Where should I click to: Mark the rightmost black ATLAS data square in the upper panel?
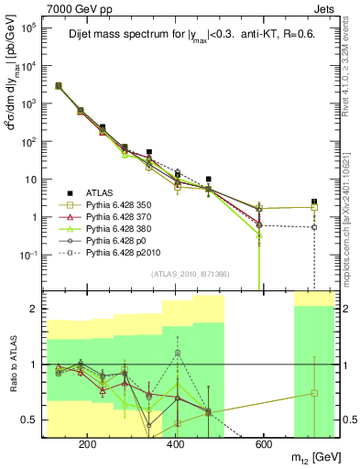tap(314, 202)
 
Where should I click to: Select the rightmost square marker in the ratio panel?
tap(314, 393)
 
